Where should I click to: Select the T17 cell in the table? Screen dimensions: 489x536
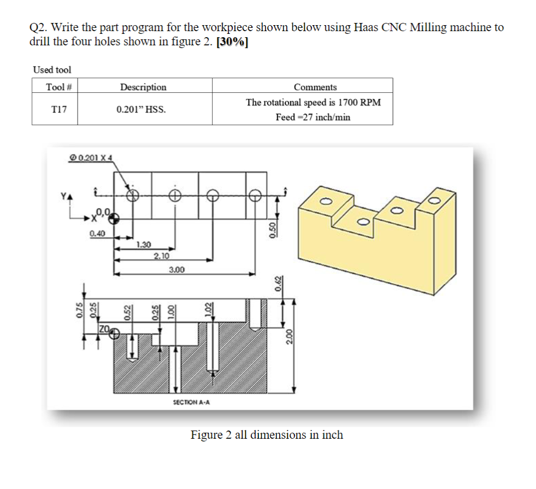[x=59, y=109]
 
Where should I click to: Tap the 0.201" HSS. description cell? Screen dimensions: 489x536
[x=142, y=109]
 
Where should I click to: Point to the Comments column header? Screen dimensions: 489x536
[x=315, y=87]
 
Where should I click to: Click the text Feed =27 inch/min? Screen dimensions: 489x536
[x=313, y=117]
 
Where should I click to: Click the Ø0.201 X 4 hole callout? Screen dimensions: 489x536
[x=91, y=158]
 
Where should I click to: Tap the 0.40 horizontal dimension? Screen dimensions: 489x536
[x=98, y=233]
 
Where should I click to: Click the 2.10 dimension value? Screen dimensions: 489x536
[x=161, y=256]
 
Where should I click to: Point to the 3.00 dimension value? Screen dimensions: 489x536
[x=176, y=269]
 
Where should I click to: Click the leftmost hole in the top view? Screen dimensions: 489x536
[x=132, y=196]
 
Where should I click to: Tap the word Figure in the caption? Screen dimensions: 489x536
[x=206, y=435]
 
